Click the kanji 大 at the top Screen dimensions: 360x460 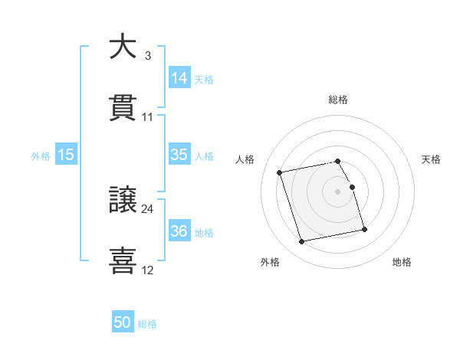pos(123,47)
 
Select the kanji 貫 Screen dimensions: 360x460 pos(123,108)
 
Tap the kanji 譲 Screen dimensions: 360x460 pos(123,200)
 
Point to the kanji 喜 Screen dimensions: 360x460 pos(123,260)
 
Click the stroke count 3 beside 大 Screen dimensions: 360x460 pos(147,56)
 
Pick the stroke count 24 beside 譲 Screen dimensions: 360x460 pos(148,208)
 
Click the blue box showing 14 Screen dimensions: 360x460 pos(179,78)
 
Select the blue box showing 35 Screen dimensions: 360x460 pos(179,155)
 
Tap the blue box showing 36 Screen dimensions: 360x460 pos(179,231)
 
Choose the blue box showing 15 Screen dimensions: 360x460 pos(66,155)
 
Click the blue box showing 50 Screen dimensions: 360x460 pos(123,323)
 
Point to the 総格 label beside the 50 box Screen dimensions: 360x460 pos(147,324)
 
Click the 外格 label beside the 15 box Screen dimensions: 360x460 pos(41,156)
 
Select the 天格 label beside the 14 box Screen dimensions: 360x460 pos(204,80)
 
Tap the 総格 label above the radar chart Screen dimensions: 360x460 pos(338,100)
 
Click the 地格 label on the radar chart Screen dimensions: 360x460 pos(402,263)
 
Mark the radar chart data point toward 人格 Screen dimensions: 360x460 pos(280,172)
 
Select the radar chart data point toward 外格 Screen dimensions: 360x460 pos(302,241)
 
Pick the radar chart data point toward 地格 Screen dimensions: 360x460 pos(364,229)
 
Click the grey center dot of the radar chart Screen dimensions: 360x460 pos(338,191)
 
